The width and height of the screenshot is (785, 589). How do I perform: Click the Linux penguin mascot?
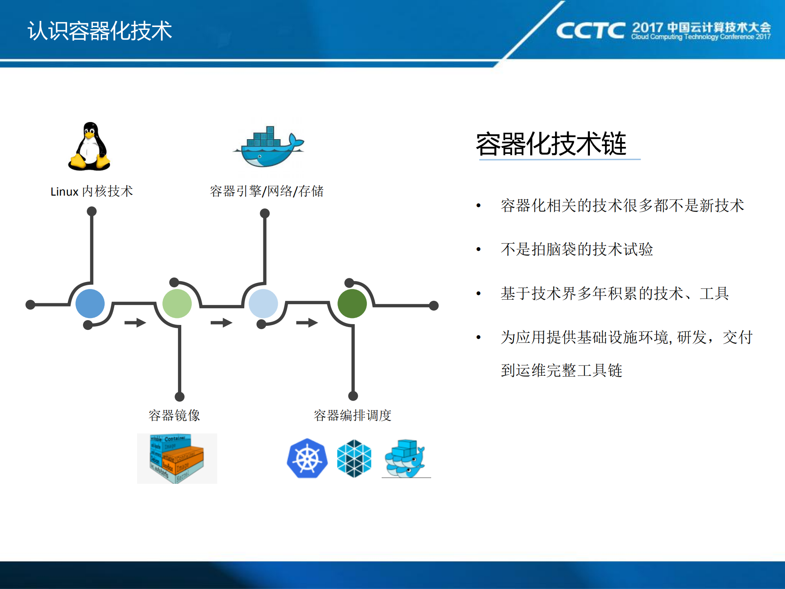click(89, 147)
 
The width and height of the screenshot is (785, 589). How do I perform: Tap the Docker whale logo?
click(268, 147)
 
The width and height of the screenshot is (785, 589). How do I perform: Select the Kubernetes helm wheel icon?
click(307, 458)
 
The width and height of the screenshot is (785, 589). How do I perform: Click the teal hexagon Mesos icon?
click(354, 458)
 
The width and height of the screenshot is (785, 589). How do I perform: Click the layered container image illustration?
click(177, 458)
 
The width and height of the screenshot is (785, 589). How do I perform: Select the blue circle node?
click(90, 304)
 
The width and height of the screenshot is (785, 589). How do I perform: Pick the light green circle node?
click(177, 304)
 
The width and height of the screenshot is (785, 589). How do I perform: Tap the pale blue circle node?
click(263, 304)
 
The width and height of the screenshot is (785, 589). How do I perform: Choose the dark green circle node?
click(352, 304)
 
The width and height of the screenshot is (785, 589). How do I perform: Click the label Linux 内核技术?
click(92, 192)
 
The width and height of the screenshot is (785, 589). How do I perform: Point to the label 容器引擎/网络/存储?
click(267, 191)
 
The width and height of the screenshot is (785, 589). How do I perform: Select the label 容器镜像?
click(174, 415)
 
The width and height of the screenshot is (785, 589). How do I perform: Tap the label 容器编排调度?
click(353, 415)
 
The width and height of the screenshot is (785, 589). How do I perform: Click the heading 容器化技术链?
click(551, 144)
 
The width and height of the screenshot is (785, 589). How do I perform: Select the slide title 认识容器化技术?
click(100, 31)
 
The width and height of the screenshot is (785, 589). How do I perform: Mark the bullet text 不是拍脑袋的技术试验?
click(577, 249)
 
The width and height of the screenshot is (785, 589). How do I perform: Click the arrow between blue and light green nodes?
click(135, 323)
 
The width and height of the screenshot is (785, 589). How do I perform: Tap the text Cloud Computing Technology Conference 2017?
click(701, 37)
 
